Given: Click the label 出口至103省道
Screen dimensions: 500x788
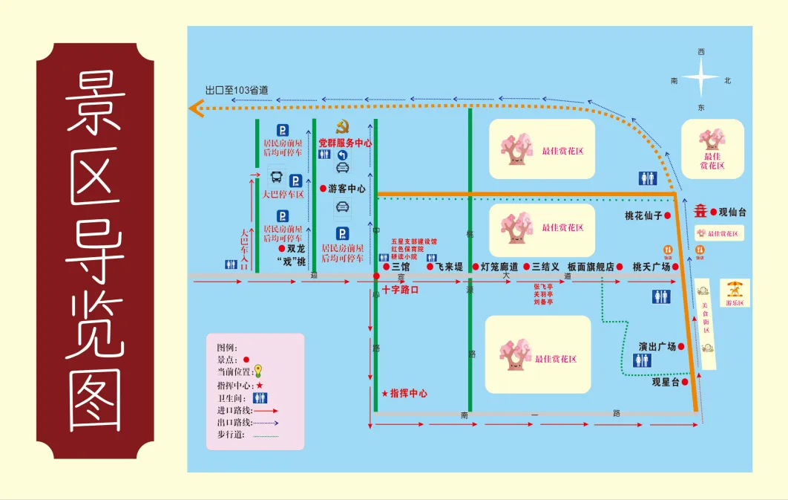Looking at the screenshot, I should pos(237,90).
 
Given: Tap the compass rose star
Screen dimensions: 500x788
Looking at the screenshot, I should pos(701,78).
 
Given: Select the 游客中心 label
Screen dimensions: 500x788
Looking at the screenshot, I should pos(347,189).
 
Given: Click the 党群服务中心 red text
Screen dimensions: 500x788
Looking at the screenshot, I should pos(345,142).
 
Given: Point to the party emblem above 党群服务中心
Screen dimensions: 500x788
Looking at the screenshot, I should pos(342,126).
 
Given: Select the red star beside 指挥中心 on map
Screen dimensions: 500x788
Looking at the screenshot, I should pos(384,393).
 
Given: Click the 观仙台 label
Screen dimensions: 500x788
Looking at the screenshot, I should pos(732,212).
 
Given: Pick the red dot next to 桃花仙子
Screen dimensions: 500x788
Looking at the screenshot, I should pos(667,215).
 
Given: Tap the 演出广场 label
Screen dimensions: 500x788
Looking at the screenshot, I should pos(657,346).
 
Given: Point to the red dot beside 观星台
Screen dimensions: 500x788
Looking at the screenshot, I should pos(685,382).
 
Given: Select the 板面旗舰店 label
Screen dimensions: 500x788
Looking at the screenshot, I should pos(591,266).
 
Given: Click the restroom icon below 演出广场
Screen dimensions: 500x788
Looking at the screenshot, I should pos(642,360).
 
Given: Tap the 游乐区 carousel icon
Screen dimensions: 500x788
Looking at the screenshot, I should pos(735,288).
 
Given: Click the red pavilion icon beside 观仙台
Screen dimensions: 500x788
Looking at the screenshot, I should pos(700,212).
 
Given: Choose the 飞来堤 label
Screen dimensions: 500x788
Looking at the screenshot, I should pos(449,266).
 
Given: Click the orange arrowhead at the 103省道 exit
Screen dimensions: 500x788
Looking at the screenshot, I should pos(197,109).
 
